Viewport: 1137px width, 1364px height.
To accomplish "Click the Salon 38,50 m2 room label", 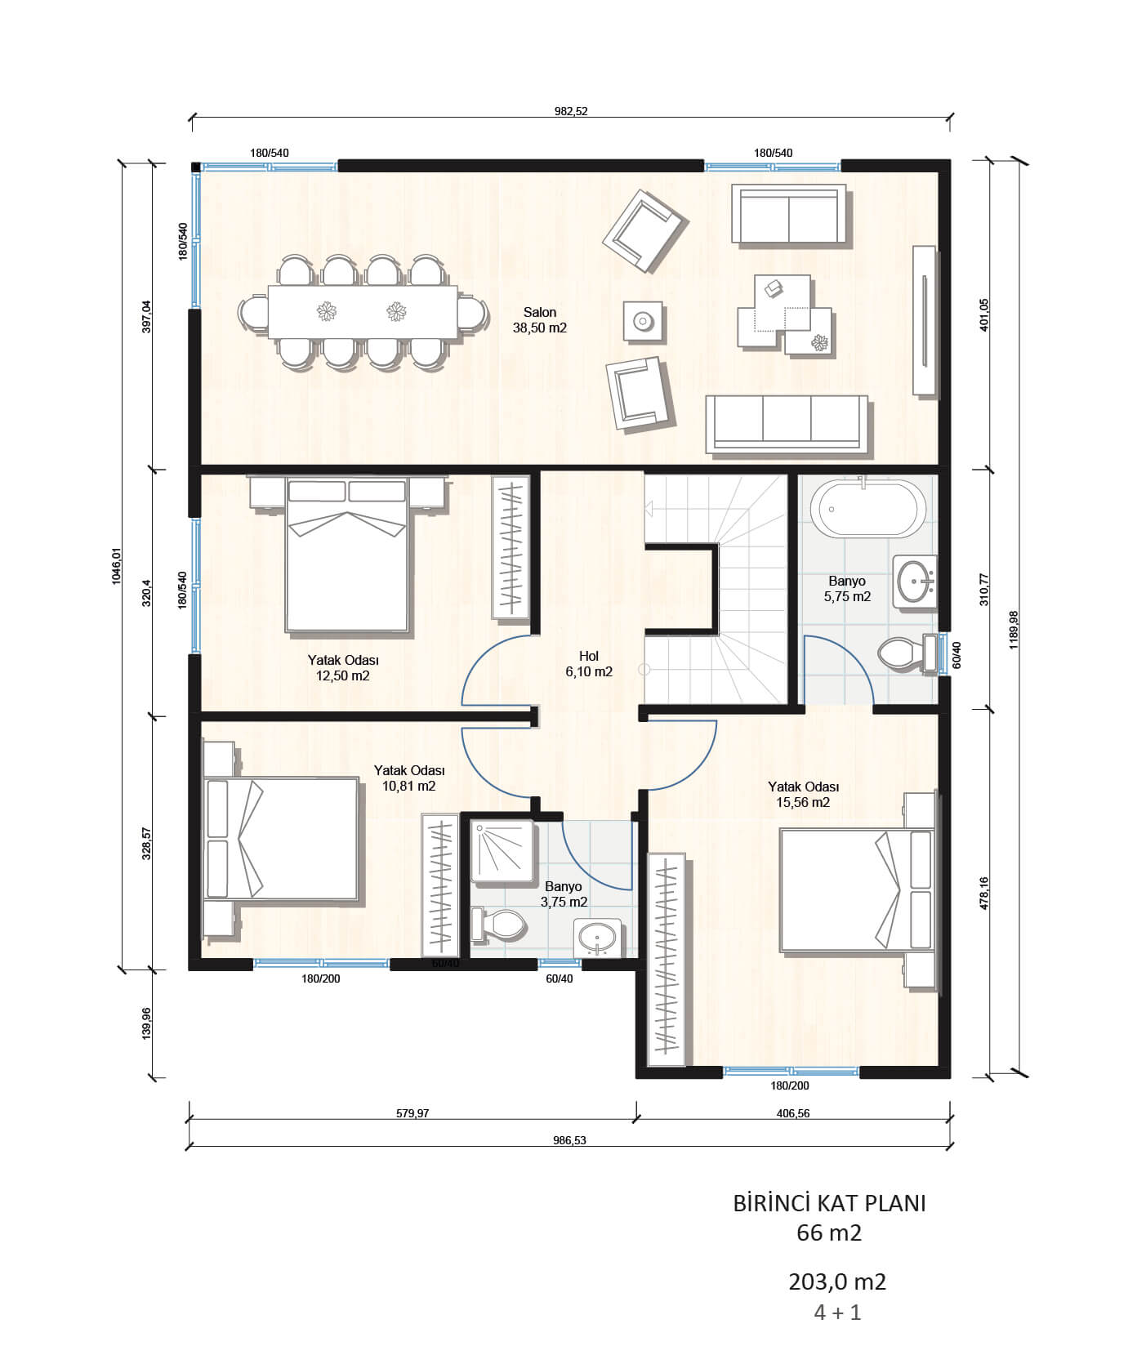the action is tap(539, 320).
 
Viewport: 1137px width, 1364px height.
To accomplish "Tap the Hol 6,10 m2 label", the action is tap(589, 664).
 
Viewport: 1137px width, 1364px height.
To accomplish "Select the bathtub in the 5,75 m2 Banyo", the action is tap(868, 508).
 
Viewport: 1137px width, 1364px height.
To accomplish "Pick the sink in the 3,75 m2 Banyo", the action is tap(599, 938).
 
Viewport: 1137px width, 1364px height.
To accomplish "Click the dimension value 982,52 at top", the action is tap(571, 112).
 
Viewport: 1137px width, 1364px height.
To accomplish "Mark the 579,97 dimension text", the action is tap(412, 1113).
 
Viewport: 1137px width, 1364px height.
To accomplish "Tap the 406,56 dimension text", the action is tap(792, 1113).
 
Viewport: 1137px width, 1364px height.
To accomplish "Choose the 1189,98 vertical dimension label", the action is tap(1014, 630).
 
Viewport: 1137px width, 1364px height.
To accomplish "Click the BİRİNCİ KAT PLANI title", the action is tap(829, 1203).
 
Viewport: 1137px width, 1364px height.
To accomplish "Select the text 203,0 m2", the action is tap(837, 1282).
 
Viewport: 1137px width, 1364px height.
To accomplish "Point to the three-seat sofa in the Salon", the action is tap(787, 424).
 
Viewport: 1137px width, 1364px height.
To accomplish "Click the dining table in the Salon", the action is tap(363, 311).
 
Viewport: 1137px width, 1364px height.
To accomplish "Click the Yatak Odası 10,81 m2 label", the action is tap(408, 778).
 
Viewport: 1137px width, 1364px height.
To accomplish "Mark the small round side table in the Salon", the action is tap(643, 321).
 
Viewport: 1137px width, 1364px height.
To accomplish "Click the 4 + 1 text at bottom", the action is tap(837, 1313).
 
